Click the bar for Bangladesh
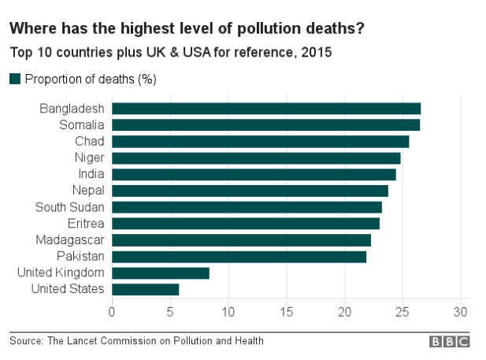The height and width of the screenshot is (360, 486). pos(266,109)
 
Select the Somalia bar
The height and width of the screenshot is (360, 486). pos(265,124)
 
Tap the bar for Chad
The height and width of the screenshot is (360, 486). pos(260,142)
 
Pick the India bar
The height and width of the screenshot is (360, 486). pos(254,174)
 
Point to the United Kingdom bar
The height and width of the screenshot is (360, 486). pos(161,273)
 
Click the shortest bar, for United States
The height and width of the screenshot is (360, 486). pos(146,289)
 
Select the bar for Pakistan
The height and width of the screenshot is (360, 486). pos(239,257)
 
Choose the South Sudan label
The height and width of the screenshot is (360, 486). pos(70,207)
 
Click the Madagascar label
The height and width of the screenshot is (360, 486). pos(70,240)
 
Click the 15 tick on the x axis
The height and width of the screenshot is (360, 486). pos(286,310)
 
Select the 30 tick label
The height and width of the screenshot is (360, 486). pos(461,310)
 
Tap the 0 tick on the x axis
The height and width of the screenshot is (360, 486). pos(112,310)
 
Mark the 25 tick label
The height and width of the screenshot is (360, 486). pos(403,310)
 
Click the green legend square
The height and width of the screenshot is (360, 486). pos(14,79)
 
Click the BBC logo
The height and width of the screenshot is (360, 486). pos(449,342)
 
